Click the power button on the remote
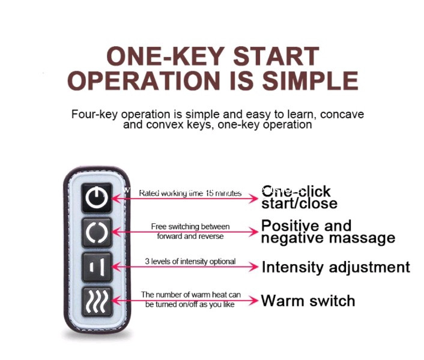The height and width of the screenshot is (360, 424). coord(97,197)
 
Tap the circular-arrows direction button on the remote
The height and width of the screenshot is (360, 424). coord(97,232)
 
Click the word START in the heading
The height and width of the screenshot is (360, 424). coord(276,56)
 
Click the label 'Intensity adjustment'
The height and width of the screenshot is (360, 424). coord(335,267)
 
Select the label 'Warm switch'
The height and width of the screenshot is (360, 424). coord(307,300)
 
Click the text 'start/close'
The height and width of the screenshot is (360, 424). coord(299,203)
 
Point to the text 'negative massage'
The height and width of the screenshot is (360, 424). coord(328,238)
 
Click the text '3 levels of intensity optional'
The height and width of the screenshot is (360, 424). coord(190,262)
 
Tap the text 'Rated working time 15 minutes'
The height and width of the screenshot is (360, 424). coord(190,193)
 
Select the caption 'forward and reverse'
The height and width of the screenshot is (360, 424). coord(190,236)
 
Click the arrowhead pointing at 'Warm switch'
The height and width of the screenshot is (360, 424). coord(254,300)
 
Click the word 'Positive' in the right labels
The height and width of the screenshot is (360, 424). coord(286,226)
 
